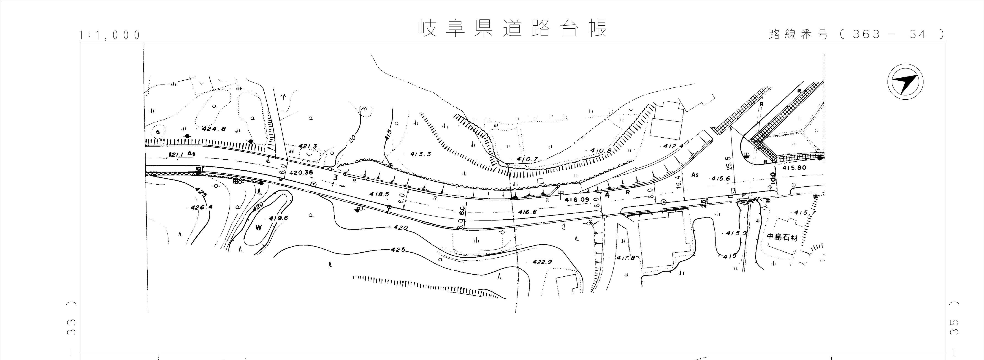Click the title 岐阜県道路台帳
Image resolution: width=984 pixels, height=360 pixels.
pyautogui.click(x=512, y=28)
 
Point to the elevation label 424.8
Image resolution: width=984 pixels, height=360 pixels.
pyautogui.click(x=214, y=129)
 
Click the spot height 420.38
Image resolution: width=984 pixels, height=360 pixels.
pyautogui.click(x=301, y=172)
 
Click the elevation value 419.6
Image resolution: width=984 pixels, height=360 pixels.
pyautogui.click(x=279, y=218)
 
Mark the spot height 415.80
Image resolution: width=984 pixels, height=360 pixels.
pyautogui.click(x=794, y=168)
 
